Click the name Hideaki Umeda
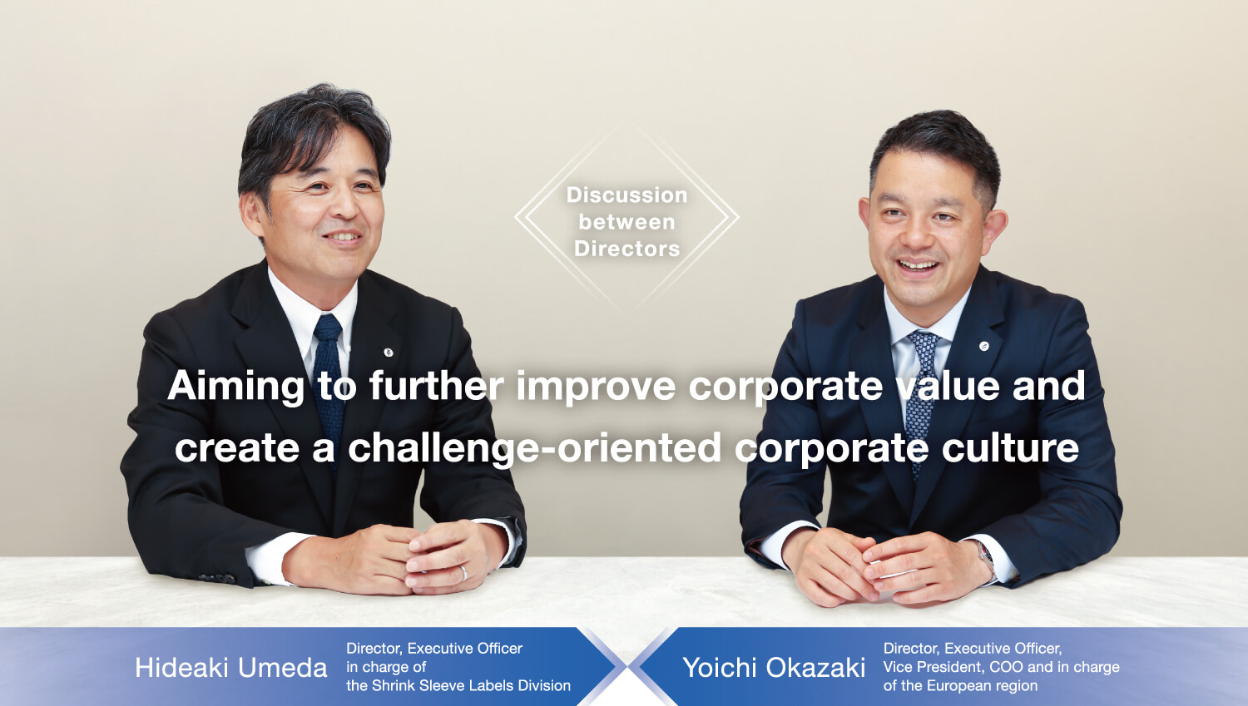pos(230,668)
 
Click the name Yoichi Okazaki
pos(774,668)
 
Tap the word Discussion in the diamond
pos(626,195)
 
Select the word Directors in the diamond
pos(626,249)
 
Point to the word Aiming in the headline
pos(236,387)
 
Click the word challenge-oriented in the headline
pos(535,448)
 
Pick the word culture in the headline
pos(1010,448)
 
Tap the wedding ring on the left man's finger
pos(463,573)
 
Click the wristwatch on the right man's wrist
pos(986,553)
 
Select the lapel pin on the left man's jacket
pos(389,352)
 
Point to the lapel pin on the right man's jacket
pos(984,346)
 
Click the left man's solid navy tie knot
pos(328,328)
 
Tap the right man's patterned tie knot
pos(924,342)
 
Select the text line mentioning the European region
pos(960,685)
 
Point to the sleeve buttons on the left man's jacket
pos(217,579)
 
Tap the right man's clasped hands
pos(886,568)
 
